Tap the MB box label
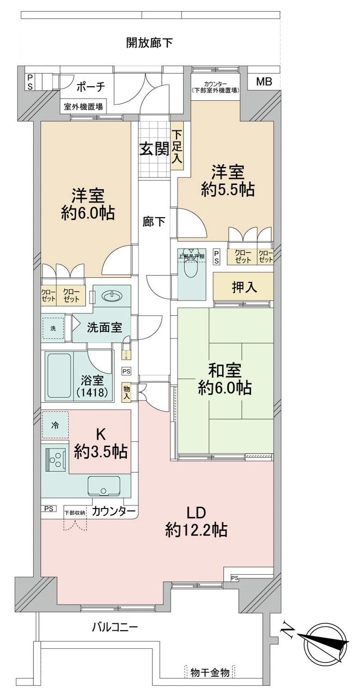click(x=264, y=82)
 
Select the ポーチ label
click(x=91, y=86)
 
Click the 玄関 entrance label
click(x=154, y=149)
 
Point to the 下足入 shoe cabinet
click(x=177, y=146)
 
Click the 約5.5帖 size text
click(x=228, y=190)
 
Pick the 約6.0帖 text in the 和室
click(x=225, y=388)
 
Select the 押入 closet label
click(x=244, y=288)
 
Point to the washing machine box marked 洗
click(x=53, y=328)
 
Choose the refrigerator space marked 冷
click(x=55, y=425)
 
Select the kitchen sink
click(x=104, y=486)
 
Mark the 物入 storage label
click(x=126, y=392)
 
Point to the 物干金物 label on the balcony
click(x=210, y=673)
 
